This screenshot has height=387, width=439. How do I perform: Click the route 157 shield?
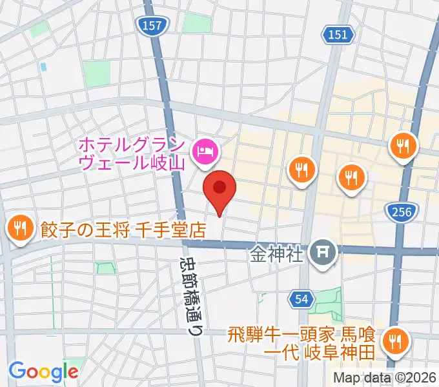pyautogui.click(x=153, y=25)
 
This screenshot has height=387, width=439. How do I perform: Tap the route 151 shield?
pyautogui.click(x=340, y=35)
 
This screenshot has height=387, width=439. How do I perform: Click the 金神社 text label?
pyautogui.click(x=276, y=253)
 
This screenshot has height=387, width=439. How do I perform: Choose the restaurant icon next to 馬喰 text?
pyautogui.click(x=394, y=340)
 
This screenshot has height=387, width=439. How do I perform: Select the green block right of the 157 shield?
pyautogui.click(x=196, y=23)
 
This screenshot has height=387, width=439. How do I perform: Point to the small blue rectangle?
pyautogui.click(x=43, y=66)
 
